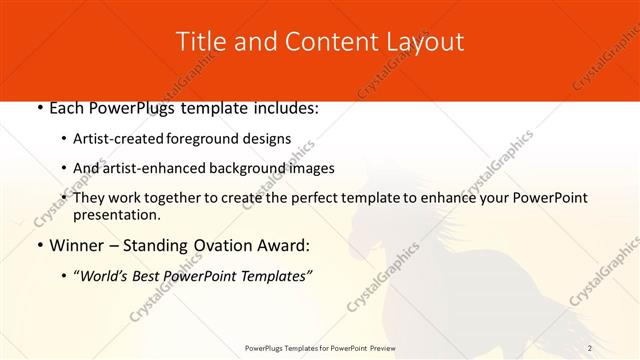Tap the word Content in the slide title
click(x=317, y=42)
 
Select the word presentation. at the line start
click(x=116, y=214)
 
